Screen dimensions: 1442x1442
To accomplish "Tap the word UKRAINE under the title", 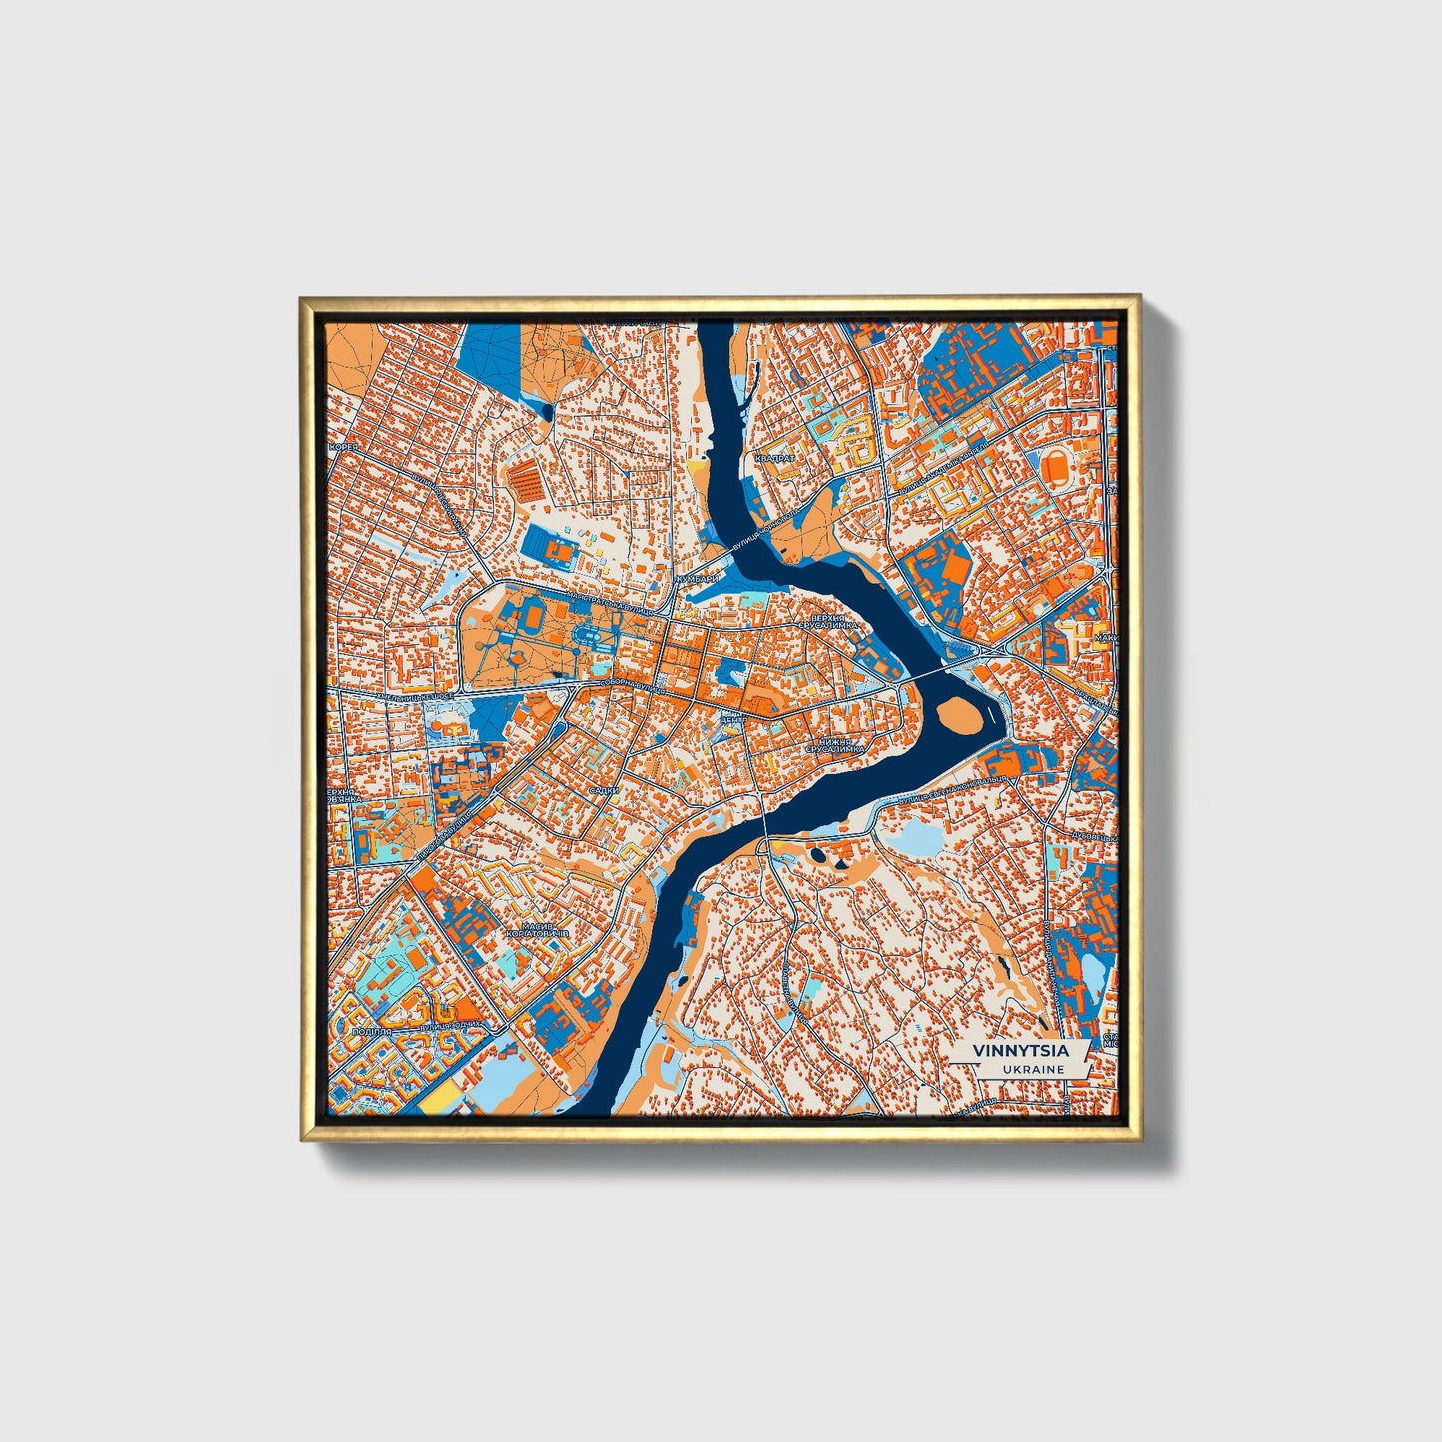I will (x=1035, y=1069).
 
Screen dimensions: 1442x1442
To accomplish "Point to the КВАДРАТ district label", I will (x=775, y=458).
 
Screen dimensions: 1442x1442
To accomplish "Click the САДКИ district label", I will (x=603, y=790).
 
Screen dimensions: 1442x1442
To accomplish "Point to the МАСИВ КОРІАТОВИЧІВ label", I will (x=537, y=930).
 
